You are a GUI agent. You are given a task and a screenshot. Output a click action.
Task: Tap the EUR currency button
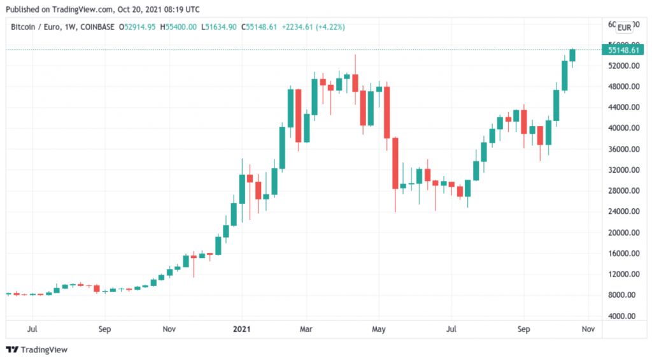pos(625,27)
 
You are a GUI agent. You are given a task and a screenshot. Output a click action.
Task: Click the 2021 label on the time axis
pos(241,330)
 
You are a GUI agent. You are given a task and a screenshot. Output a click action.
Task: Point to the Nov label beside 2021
pos(169,330)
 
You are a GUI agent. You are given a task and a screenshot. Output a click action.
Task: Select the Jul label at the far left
pos(32,330)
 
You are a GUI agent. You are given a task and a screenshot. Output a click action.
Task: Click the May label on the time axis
pos(379,330)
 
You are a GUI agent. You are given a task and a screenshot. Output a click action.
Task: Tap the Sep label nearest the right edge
pos(523,330)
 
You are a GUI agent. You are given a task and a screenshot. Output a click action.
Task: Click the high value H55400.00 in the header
pos(180,27)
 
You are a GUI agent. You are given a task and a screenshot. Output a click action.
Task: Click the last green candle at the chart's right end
pos(572,55)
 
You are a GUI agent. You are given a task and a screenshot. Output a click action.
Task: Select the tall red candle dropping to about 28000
pos(395,162)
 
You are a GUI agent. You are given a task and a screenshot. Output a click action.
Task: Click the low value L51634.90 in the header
pos(219,27)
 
